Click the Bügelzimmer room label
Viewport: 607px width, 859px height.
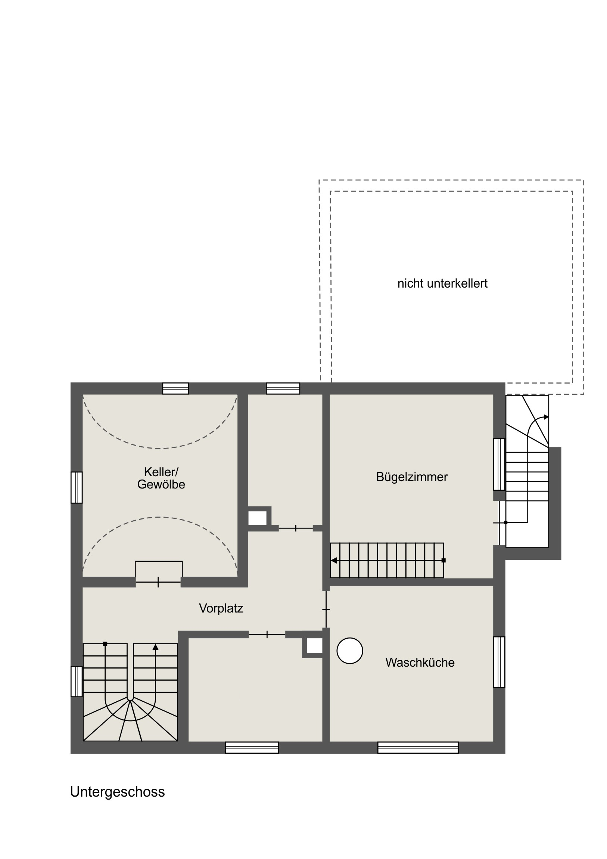tap(412, 477)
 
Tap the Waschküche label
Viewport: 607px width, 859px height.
tap(420, 663)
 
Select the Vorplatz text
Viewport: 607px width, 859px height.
tap(221, 608)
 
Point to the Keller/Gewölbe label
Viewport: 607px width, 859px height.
tap(161, 478)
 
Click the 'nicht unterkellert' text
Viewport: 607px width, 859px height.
tap(442, 283)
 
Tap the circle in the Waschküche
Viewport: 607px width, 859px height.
tap(350, 651)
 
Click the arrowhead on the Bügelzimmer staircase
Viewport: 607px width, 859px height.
tap(334, 561)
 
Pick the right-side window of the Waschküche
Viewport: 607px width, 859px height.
tap(499, 662)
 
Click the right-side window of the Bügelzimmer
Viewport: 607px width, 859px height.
tap(499, 464)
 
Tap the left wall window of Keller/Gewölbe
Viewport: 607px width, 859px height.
tap(77, 487)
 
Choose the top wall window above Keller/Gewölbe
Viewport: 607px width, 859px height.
tap(175, 388)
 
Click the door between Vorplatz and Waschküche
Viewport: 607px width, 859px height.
tap(326, 610)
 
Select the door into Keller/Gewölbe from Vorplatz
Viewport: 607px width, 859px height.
tap(158, 582)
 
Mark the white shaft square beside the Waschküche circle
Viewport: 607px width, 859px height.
tap(315, 646)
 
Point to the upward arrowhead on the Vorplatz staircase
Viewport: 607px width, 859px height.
tap(156, 647)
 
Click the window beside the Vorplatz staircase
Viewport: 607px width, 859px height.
tap(77, 681)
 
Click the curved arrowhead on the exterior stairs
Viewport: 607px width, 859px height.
tap(547, 417)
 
